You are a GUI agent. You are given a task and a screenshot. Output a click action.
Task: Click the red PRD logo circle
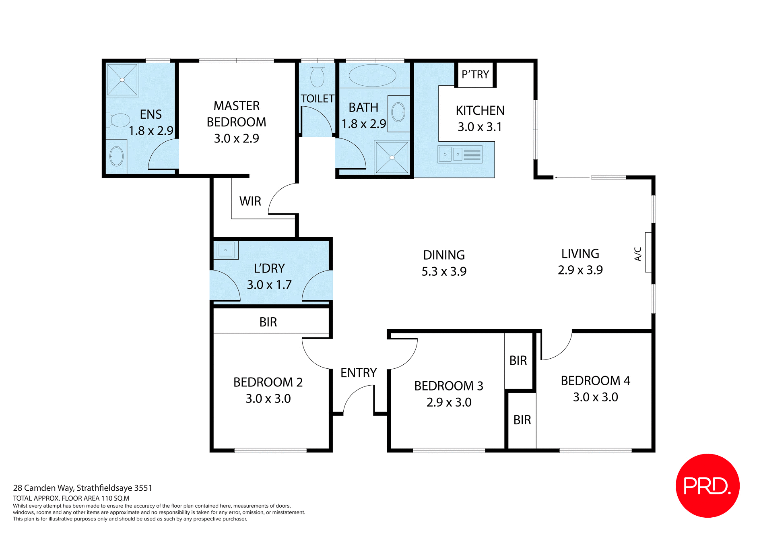(707, 485)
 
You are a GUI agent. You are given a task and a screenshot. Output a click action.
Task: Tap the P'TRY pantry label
(475, 74)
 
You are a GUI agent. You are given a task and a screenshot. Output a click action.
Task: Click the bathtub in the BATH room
(372, 75)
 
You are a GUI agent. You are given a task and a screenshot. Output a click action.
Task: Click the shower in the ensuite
(122, 80)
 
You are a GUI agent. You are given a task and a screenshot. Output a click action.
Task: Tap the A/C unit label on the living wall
(638, 254)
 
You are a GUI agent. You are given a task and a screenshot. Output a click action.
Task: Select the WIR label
(250, 201)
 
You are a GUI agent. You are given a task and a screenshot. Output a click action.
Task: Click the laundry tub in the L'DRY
(225, 250)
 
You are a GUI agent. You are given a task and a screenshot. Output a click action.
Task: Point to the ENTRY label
(358, 373)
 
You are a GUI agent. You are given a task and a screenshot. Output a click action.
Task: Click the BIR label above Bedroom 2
(268, 322)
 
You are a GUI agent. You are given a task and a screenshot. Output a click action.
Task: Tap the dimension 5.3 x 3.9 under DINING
(444, 271)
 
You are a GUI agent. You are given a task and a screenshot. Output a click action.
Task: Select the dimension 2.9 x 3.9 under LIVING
(580, 270)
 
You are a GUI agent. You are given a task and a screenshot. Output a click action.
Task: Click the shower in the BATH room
(392, 157)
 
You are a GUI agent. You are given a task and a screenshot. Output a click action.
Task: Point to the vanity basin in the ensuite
(116, 156)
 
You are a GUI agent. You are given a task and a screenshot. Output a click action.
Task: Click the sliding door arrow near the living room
(571, 177)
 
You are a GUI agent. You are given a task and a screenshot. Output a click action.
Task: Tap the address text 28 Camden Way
(82, 488)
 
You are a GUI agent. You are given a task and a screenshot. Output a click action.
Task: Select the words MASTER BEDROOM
(236, 114)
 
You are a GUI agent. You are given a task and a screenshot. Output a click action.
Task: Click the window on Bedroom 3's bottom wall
(449, 450)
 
